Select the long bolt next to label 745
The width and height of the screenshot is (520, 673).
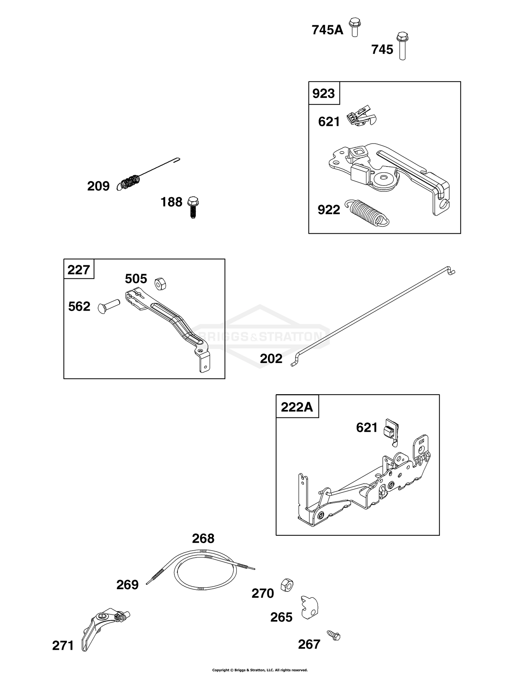(402, 46)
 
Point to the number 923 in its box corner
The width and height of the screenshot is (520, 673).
(324, 93)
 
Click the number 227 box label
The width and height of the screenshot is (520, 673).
(79, 269)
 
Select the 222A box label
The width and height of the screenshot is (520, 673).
(297, 407)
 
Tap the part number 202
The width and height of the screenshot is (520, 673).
(271, 358)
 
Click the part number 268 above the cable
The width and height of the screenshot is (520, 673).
(203, 538)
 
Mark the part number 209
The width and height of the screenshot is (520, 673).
(98, 186)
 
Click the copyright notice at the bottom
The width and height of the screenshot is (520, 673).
(260, 670)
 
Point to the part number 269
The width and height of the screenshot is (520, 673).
(127, 585)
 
